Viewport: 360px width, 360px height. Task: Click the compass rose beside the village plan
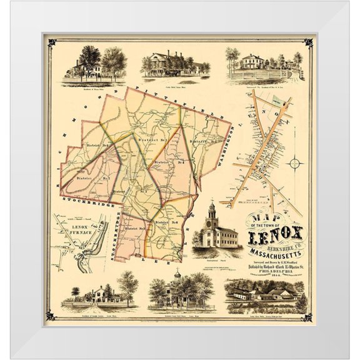296,164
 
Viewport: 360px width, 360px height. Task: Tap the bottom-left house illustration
100,294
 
